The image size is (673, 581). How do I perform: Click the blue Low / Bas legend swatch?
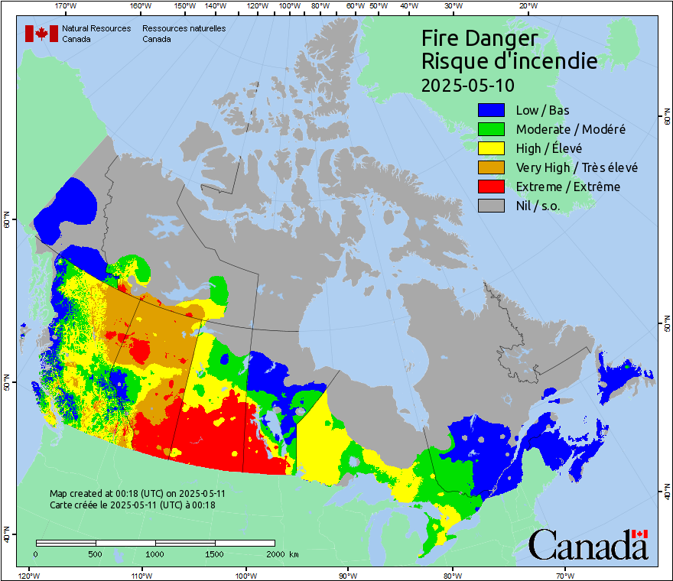pyautogui.click(x=492, y=111)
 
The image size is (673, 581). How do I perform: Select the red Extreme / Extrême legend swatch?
pyautogui.click(x=492, y=187)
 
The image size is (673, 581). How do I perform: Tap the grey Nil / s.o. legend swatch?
pyautogui.click(x=492, y=206)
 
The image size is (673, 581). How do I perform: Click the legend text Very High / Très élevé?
pyautogui.click(x=576, y=167)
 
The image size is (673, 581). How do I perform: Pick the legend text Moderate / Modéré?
pyautogui.click(x=571, y=130)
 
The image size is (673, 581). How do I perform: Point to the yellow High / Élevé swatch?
pyautogui.click(x=492, y=149)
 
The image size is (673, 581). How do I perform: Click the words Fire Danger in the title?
pyautogui.click(x=480, y=38)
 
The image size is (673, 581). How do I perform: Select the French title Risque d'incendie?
pyautogui.click(x=509, y=61)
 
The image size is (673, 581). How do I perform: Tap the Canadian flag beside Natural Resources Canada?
pyautogui.click(x=41, y=33)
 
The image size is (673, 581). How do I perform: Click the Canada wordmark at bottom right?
pyautogui.click(x=588, y=545)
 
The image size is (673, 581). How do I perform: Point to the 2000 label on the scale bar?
pyautogui.click(x=277, y=553)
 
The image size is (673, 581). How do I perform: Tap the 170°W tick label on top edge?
pyautogui.click(x=66, y=7)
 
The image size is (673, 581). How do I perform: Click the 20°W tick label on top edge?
pyautogui.click(x=527, y=7)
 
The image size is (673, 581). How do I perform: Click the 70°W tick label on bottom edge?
pyautogui.click(x=564, y=575)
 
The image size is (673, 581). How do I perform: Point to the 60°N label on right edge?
pyautogui.click(x=665, y=121)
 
